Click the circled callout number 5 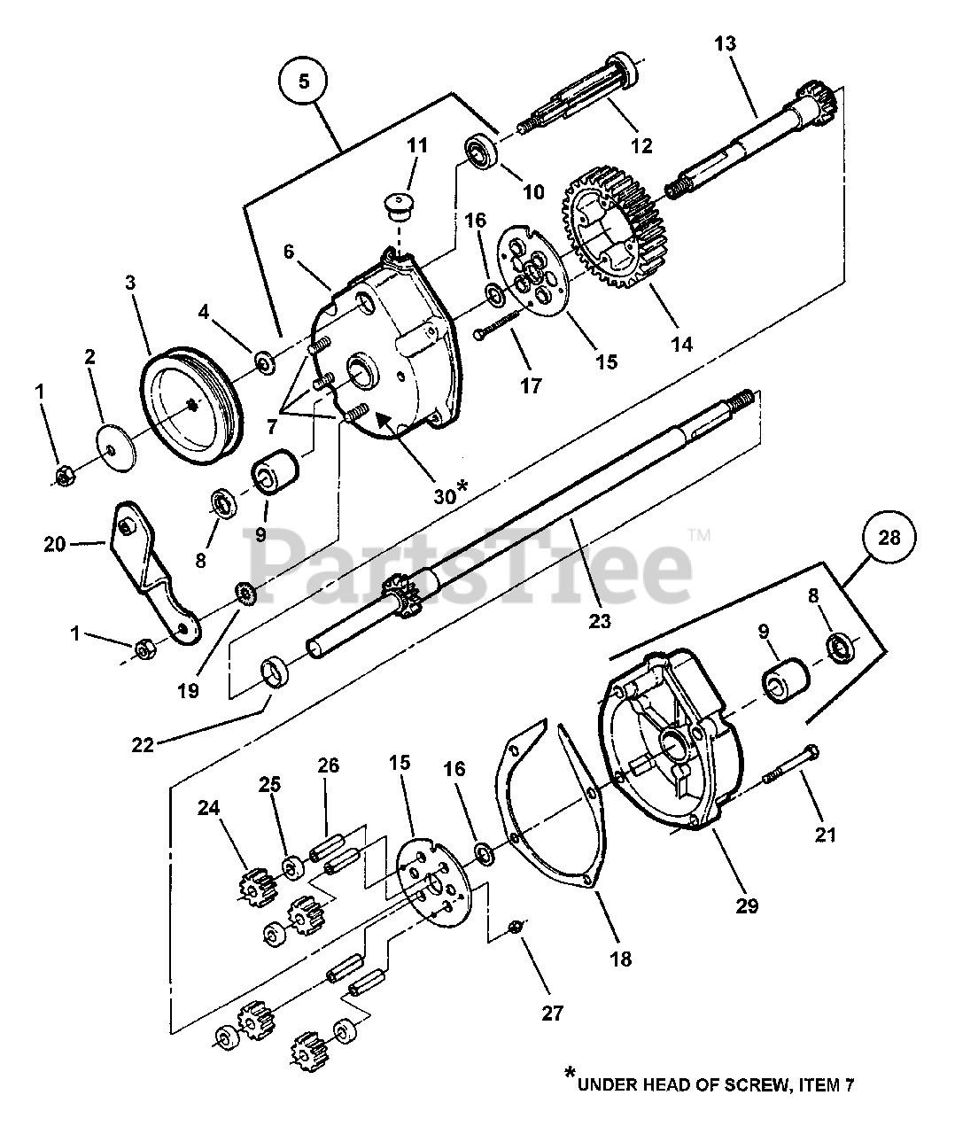click(x=303, y=82)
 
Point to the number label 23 click(x=600, y=621)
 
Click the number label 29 click(x=746, y=906)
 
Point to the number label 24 click(x=208, y=808)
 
